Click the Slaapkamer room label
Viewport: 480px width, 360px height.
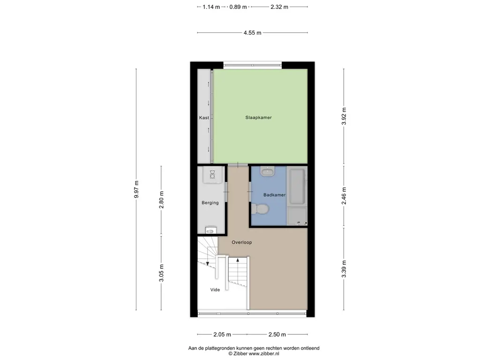coord(258,118)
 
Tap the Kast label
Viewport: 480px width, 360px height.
coord(204,118)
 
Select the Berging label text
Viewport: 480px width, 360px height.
coord(210,202)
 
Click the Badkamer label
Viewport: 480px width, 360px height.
coord(274,195)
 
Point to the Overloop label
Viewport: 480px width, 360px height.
coord(241,242)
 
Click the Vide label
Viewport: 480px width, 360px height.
coord(215,290)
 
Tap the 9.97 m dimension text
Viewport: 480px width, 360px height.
coord(136,189)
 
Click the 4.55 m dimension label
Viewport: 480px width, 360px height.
coord(253,33)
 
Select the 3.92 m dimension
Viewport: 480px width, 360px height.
coord(344,116)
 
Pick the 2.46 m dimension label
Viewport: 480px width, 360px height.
coord(344,196)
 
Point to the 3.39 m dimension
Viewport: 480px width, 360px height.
coord(344,269)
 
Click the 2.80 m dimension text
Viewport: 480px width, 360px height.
coord(161,200)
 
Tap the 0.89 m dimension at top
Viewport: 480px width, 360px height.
coord(238,7)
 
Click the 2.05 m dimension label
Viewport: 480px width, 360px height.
coord(222,335)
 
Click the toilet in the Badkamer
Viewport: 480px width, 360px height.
coord(259,210)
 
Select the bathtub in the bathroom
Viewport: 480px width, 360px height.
coord(297,186)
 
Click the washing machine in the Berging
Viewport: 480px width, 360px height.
coord(212,175)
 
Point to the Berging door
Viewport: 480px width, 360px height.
coord(226,192)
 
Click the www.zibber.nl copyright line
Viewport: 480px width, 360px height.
coord(254,353)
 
